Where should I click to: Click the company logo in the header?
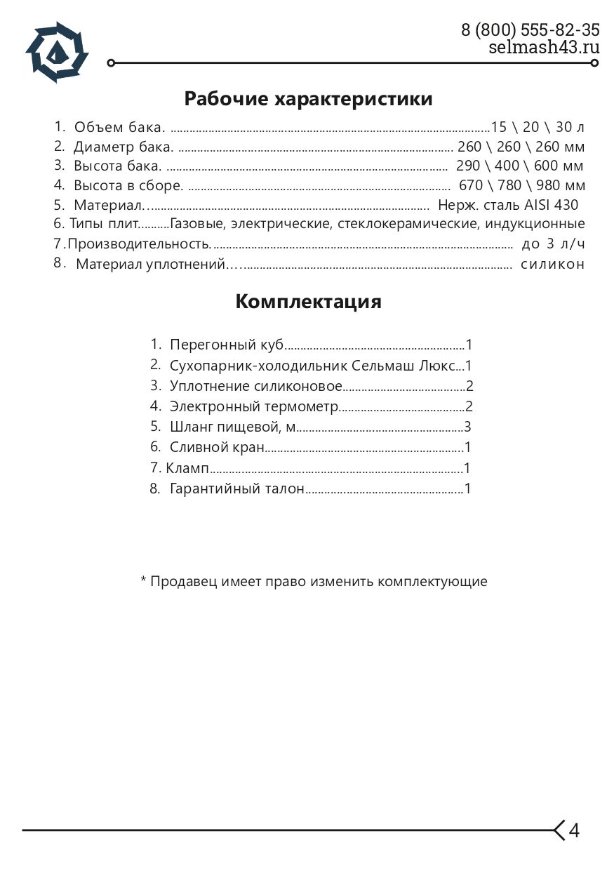[57, 52]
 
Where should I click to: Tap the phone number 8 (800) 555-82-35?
[530, 30]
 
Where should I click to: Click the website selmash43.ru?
[544, 47]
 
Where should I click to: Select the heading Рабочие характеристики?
[308, 99]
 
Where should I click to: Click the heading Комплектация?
[308, 302]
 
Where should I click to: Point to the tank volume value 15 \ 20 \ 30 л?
[538, 128]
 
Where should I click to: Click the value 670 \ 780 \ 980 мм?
[521, 186]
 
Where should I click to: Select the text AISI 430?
[552, 206]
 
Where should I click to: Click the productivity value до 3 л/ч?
[553, 244]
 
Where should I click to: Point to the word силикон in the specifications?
[552, 265]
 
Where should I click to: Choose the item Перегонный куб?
[227, 345]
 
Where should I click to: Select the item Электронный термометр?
[254, 406]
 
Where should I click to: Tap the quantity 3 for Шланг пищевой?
[467, 427]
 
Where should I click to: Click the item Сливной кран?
[217, 447]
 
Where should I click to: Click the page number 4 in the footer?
[574, 830]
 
